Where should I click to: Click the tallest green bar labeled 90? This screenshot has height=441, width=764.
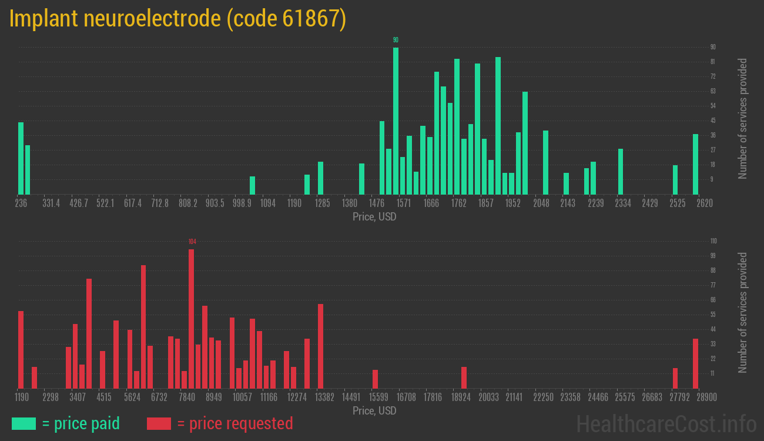tap(396, 121)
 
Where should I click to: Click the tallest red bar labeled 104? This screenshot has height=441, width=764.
tap(191, 318)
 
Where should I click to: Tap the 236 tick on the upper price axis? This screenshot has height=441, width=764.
tap(21, 203)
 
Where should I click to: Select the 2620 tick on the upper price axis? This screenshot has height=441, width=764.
tap(704, 203)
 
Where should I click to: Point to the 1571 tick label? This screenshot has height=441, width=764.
tap(403, 203)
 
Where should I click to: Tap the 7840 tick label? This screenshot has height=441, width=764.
tap(187, 397)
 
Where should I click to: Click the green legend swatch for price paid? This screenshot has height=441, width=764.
tap(24, 423)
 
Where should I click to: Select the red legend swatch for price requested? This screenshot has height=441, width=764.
tap(159, 423)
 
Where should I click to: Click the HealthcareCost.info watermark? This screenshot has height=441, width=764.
tap(666, 423)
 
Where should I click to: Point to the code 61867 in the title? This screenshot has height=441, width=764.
tap(287, 19)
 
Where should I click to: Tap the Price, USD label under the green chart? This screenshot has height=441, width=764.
tap(374, 217)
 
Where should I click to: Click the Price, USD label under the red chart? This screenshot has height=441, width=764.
tap(374, 410)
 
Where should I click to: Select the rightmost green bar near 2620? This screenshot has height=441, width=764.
tap(695, 164)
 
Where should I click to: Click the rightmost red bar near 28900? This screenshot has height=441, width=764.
tap(695, 363)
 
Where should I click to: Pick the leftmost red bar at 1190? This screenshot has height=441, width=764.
tap(21, 349)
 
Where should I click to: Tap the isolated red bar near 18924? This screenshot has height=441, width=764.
tap(464, 377)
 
